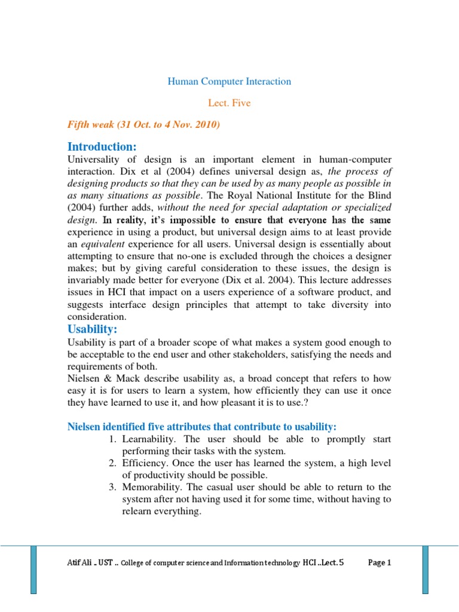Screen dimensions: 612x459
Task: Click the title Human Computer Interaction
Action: (229, 81)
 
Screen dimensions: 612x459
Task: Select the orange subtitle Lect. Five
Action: (229, 103)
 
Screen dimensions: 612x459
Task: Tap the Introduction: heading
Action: (102, 146)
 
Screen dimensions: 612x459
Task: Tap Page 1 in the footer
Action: (380, 562)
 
